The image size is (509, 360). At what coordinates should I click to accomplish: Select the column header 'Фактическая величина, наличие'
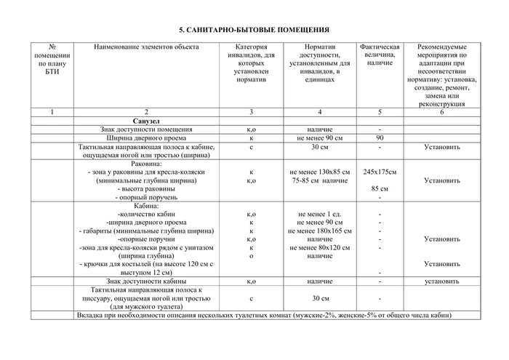[380, 55]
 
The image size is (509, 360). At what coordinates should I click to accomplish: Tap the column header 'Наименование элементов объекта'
[146, 47]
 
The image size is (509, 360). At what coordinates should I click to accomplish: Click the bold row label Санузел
[146, 120]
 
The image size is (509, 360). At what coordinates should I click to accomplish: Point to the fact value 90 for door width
[380, 137]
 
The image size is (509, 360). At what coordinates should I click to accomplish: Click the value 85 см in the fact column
[380, 188]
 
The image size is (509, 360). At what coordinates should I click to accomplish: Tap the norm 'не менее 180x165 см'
[319, 231]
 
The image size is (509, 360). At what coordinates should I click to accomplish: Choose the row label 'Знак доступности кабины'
[146, 280]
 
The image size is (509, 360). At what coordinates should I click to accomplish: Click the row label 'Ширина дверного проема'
[146, 137]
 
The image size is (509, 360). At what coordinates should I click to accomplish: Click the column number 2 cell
[146, 111]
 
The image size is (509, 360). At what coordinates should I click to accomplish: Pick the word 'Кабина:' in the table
[146, 206]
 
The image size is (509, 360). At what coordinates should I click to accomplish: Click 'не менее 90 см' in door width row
[319, 137]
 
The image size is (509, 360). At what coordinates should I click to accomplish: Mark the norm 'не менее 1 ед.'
[319, 214]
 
